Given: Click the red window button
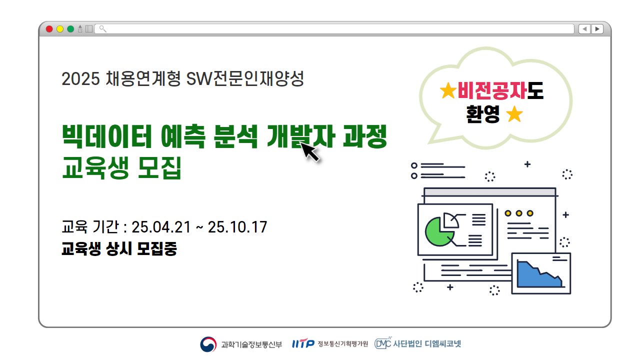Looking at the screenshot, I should click(x=49, y=29).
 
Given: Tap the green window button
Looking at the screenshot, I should click(x=70, y=29).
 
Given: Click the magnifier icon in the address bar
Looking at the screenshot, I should click(x=102, y=29).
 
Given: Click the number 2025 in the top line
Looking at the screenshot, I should click(x=81, y=79).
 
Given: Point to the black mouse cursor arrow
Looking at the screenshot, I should click(x=310, y=151).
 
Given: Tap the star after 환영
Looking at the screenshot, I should click(x=514, y=115).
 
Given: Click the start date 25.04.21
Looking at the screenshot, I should click(x=161, y=227).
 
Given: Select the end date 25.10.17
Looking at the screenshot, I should click(x=237, y=227).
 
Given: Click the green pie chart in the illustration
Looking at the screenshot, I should click(x=439, y=231).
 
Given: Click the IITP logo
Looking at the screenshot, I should click(x=303, y=344).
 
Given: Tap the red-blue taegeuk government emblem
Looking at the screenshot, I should click(x=208, y=344).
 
